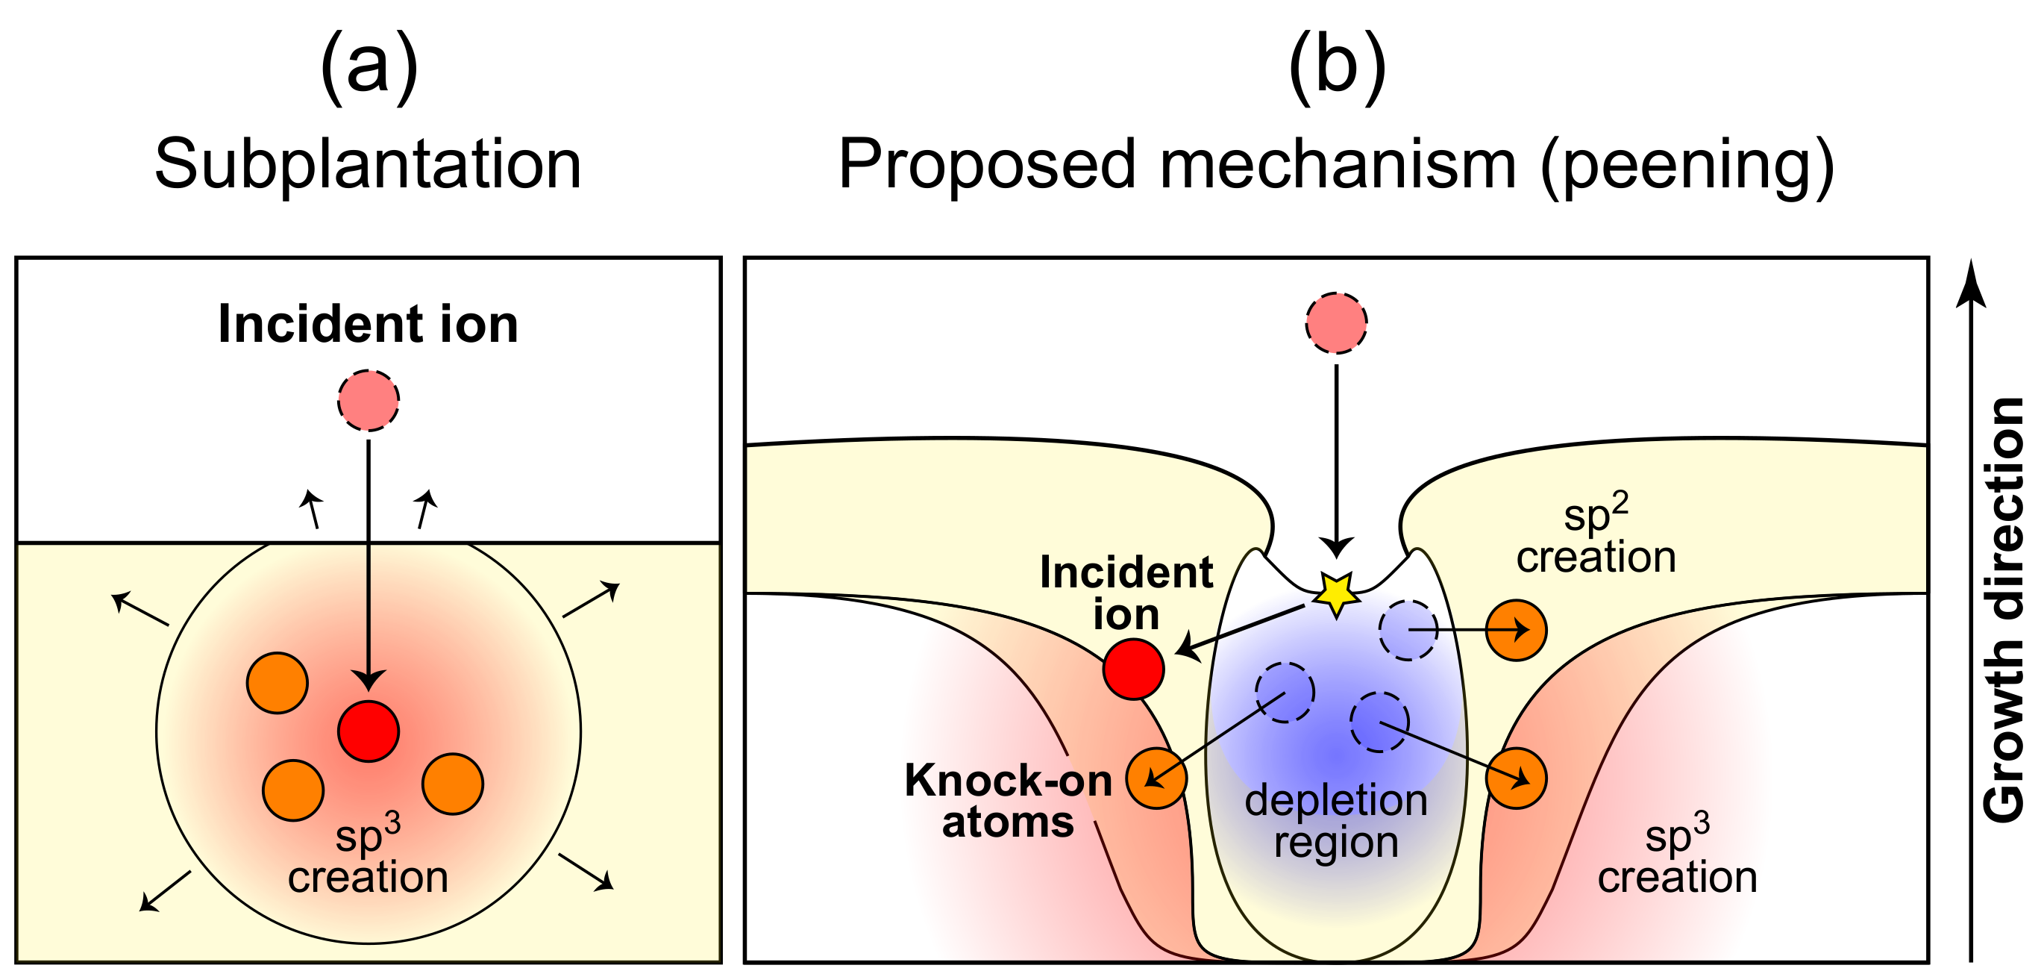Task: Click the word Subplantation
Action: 369,164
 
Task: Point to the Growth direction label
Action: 2003,610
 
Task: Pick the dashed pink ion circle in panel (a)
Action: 369,401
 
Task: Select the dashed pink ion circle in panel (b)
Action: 1337,323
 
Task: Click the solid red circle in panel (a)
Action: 369,731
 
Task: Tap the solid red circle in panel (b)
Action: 1133,669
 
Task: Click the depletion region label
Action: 1336,822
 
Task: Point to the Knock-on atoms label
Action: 1009,801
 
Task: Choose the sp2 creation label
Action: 1596,535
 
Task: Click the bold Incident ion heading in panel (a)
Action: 369,325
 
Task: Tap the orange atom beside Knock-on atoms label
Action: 1157,778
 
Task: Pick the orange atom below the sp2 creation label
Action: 1517,630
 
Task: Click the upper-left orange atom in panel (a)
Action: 277,683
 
